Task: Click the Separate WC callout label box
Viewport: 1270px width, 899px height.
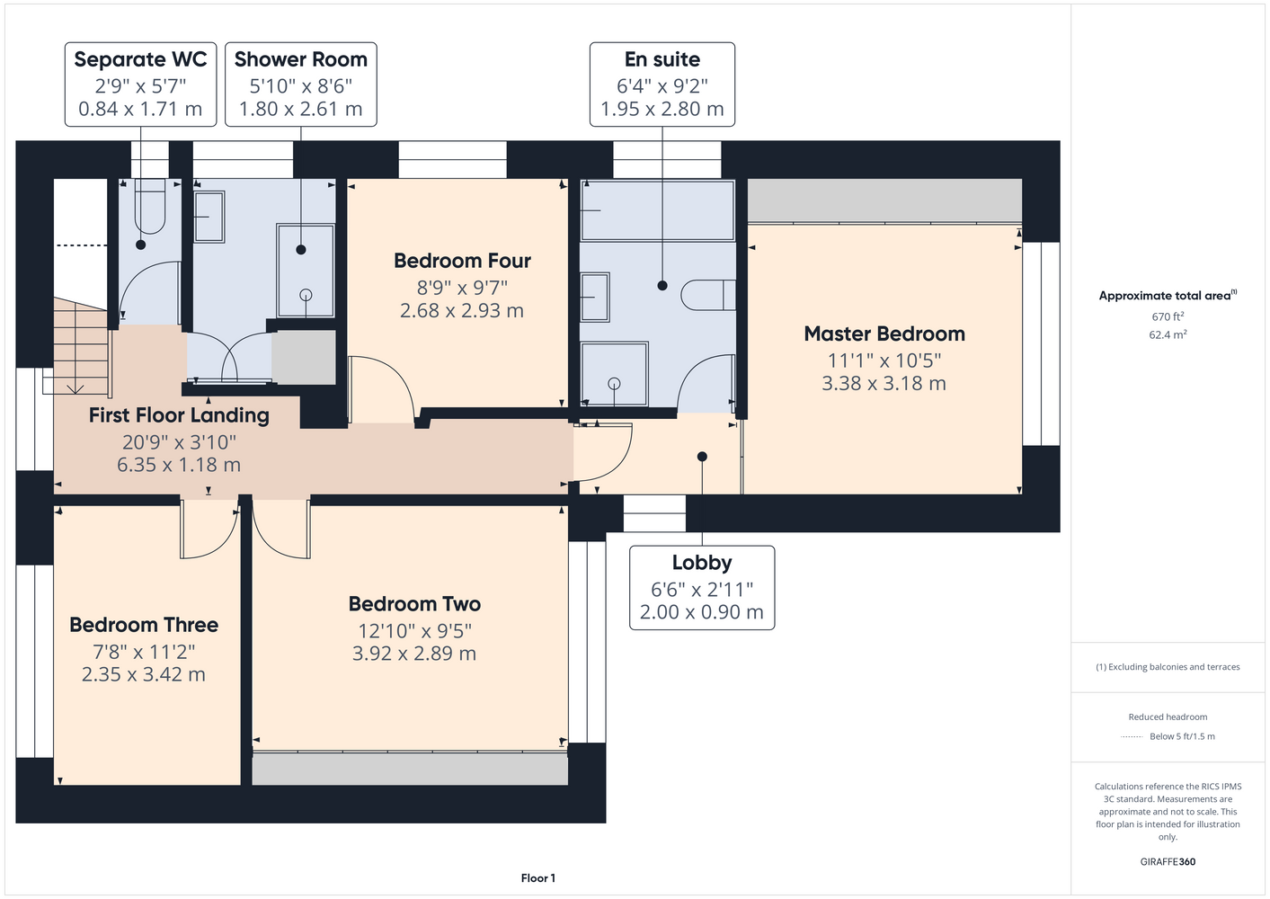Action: point(140,84)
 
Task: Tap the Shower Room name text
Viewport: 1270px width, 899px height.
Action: point(300,59)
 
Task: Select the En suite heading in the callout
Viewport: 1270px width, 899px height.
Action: point(662,59)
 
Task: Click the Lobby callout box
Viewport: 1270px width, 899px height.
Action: point(702,588)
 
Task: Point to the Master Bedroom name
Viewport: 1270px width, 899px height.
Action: point(884,334)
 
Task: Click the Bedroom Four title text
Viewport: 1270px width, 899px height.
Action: point(462,261)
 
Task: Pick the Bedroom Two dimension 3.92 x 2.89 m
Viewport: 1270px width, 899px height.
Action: point(413,654)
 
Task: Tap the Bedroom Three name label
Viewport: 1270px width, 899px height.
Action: point(144,625)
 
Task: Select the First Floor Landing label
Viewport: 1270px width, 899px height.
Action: point(179,415)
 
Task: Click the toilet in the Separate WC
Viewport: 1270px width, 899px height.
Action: point(150,207)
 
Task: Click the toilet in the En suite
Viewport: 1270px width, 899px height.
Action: point(708,295)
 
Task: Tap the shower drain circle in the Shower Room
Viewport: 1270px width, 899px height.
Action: point(306,295)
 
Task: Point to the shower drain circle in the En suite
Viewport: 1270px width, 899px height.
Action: point(614,384)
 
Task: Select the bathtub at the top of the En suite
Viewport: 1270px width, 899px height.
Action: point(658,210)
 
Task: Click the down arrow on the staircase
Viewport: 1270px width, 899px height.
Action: point(75,388)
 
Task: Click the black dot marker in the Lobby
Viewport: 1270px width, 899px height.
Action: point(702,457)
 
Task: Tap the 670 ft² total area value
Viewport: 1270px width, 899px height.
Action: point(1168,316)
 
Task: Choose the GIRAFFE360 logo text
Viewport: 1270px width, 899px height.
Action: point(1168,861)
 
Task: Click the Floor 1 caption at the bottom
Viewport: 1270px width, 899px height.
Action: point(538,878)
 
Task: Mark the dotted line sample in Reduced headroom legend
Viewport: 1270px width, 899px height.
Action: point(1132,737)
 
